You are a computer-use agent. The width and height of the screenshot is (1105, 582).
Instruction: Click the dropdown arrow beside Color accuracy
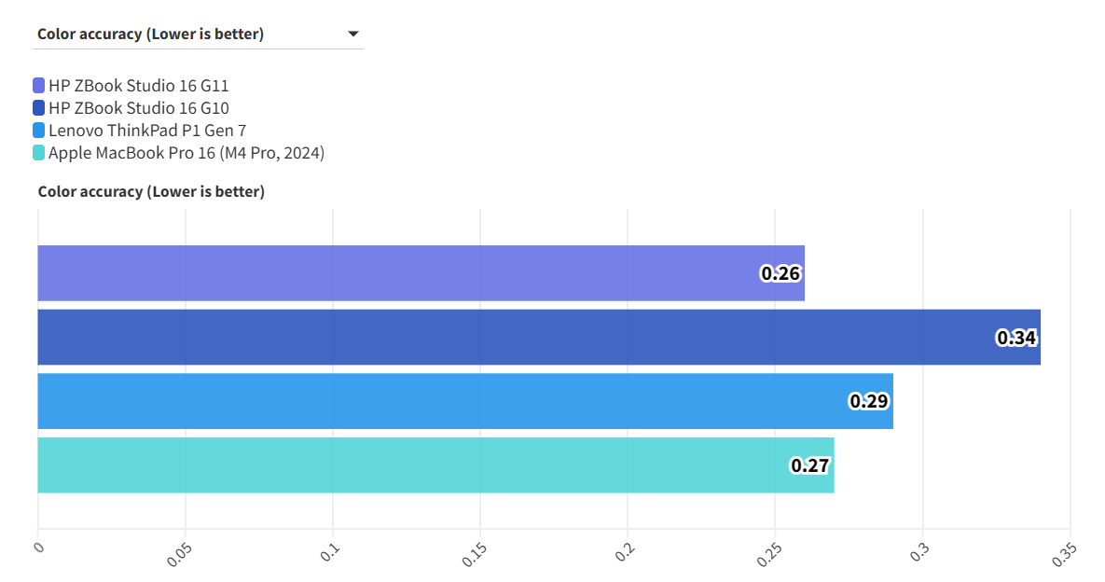pos(353,35)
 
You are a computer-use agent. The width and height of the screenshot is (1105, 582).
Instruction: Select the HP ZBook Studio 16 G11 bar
pos(420,273)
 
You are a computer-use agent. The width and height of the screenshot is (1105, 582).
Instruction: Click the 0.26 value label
pos(780,274)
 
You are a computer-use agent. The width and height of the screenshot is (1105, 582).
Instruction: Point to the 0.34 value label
pos(1016,338)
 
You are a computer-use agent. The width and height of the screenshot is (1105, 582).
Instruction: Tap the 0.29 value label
pos(869,402)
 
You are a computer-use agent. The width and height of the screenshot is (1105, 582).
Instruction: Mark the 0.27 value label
pos(810,465)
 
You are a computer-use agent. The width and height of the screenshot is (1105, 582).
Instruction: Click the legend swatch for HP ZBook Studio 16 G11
pos(38,86)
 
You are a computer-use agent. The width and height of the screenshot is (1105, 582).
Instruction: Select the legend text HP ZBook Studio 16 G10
pos(139,108)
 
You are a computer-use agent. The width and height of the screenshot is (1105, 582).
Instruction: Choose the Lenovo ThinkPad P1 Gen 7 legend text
pos(147,131)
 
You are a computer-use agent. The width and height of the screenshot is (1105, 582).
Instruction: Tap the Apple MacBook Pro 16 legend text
pos(186,153)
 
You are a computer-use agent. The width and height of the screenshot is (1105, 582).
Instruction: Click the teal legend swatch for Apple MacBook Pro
pos(38,153)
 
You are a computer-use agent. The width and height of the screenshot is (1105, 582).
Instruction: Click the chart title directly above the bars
pos(151,192)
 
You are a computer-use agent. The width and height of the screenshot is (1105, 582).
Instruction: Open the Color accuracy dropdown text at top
pos(150,35)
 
